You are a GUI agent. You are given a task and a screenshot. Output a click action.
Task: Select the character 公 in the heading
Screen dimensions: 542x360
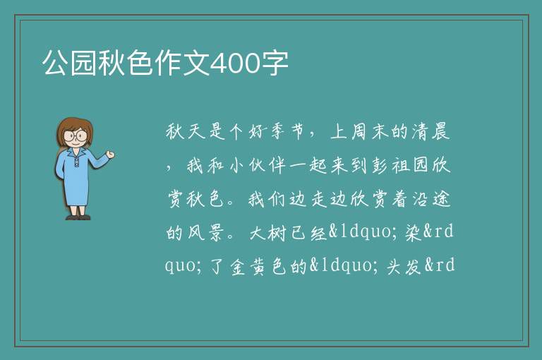click(x=55, y=63)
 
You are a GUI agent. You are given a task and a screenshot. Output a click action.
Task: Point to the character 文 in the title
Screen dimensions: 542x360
click(x=196, y=63)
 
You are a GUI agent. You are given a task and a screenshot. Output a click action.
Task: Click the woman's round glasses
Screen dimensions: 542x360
click(x=76, y=135)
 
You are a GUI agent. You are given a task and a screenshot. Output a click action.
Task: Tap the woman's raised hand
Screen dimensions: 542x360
click(x=110, y=155)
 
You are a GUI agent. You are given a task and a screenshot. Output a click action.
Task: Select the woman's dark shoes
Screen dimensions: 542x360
click(x=78, y=217)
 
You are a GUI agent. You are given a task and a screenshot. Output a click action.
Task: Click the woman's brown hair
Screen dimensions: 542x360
click(x=74, y=128)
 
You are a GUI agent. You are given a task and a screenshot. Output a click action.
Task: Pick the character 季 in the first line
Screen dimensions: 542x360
click(x=277, y=132)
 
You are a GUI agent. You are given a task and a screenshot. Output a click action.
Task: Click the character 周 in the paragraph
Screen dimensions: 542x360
click(x=359, y=132)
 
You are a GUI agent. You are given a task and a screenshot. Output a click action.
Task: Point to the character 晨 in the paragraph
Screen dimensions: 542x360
click(x=440, y=132)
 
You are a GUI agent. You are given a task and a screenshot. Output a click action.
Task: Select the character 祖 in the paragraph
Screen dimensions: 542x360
click(x=400, y=165)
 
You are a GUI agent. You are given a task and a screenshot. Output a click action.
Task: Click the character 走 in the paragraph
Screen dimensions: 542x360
click(x=319, y=199)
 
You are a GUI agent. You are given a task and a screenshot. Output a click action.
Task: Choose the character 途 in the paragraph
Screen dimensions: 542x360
click(x=442, y=199)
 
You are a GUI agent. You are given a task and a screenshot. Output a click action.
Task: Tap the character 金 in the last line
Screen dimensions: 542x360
click(x=238, y=266)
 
